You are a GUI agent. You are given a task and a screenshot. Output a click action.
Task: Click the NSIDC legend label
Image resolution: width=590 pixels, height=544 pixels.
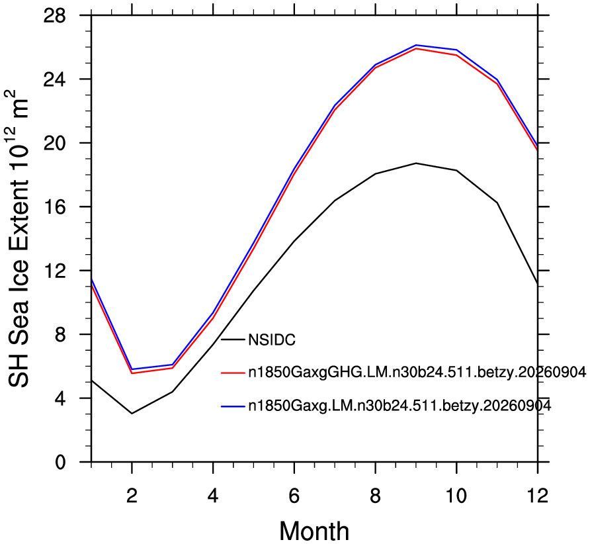click(272, 340)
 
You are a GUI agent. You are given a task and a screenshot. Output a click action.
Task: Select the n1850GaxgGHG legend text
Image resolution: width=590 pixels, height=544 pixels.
click(417, 373)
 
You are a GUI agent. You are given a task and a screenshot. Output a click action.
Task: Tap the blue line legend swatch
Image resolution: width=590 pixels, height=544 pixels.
click(233, 406)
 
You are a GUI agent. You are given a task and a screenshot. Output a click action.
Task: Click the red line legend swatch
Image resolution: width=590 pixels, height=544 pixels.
click(233, 373)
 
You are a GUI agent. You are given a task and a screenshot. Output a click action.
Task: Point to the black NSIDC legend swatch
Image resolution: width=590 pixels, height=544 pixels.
click(233, 340)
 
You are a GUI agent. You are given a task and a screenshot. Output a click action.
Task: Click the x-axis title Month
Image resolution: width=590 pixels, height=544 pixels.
click(314, 531)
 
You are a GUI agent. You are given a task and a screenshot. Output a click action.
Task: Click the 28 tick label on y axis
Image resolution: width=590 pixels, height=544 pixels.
click(54, 15)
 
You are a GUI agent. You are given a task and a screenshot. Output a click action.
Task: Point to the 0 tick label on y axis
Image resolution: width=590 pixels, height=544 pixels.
click(60, 462)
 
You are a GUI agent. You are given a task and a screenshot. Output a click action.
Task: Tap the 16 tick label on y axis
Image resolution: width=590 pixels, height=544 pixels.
click(54, 206)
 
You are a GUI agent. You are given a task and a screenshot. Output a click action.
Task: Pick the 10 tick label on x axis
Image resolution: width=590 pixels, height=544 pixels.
click(456, 496)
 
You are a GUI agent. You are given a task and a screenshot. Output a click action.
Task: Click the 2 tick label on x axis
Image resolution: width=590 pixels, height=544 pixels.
click(132, 496)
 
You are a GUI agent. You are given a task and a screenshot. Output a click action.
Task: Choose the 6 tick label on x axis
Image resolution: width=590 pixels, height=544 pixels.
click(294, 496)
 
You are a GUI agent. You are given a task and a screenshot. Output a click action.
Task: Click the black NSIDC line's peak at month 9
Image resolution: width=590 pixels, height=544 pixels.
click(416, 163)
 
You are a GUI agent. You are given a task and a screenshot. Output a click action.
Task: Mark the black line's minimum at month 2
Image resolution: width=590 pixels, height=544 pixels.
click(132, 414)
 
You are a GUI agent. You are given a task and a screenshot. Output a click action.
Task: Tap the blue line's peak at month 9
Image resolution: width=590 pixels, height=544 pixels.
click(416, 45)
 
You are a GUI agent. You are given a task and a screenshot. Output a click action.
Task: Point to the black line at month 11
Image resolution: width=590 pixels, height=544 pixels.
click(497, 203)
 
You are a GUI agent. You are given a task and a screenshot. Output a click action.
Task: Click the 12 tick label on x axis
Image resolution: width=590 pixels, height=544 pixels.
click(537, 496)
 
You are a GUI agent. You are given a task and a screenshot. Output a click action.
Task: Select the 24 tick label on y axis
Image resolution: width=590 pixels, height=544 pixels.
click(54, 79)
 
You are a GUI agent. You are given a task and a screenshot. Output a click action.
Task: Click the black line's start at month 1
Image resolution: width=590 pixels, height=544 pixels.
click(91, 381)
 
